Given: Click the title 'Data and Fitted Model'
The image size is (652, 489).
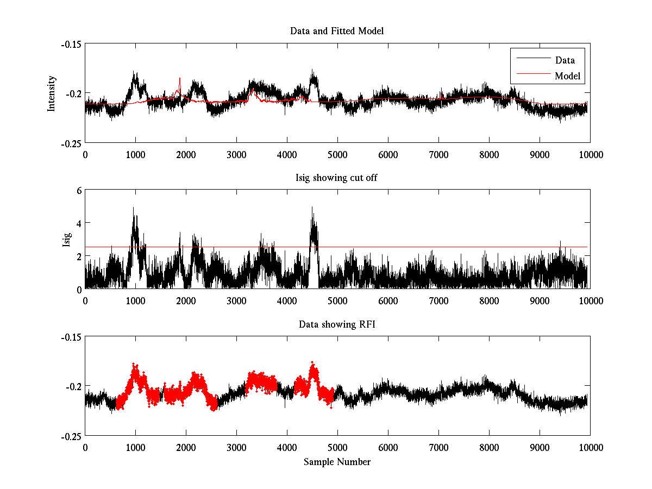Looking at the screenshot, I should (337, 31).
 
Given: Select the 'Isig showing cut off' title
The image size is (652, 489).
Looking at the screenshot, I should (337, 178).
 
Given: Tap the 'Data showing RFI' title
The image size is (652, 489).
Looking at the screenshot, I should (337, 324).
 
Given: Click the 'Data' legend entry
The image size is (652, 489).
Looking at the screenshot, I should (565, 60).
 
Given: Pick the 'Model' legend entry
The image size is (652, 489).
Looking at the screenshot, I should (567, 76).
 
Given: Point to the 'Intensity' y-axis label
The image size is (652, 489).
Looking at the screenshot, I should (52, 93).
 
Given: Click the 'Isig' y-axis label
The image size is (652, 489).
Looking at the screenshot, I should (67, 240).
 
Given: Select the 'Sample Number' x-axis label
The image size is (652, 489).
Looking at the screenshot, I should (337, 462).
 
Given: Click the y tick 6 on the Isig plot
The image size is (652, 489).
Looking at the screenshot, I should (78, 190).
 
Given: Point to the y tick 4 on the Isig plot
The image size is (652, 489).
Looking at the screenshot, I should (78, 223).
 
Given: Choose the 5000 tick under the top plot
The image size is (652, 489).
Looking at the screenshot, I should (337, 154).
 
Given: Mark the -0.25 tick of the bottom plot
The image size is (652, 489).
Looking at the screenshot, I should (71, 436).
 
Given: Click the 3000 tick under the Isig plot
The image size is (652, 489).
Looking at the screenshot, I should (236, 301).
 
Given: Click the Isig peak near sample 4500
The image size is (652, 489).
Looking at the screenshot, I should (312, 207).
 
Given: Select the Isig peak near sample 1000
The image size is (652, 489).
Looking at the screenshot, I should (133, 208).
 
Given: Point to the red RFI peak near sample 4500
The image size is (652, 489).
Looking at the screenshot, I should (312, 362).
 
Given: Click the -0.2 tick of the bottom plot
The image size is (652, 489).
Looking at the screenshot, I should (73, 386).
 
